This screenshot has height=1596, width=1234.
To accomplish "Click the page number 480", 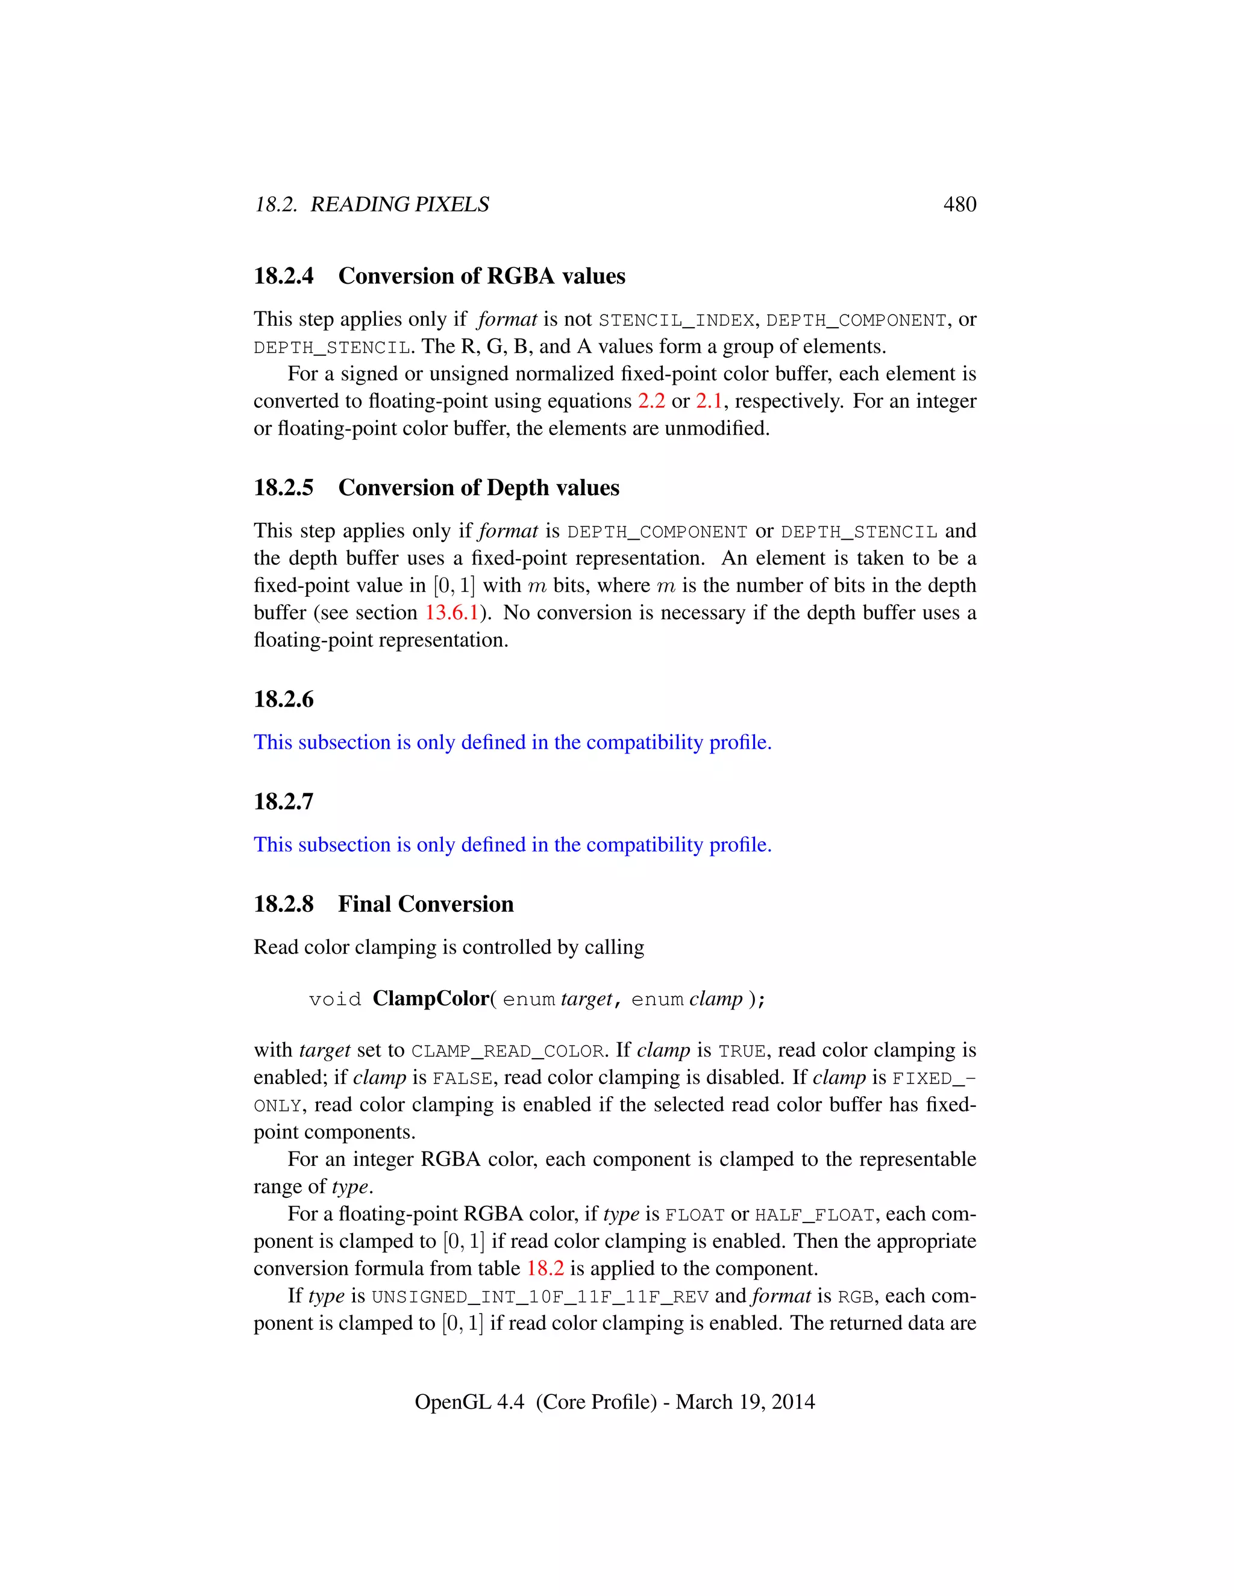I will [x=959, y=205].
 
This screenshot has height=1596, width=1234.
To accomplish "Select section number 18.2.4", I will [x=284, y=276].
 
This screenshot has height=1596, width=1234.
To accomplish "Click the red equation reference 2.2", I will [x=651, y=401].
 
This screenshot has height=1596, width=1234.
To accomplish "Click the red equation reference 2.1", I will [x=709, y=401].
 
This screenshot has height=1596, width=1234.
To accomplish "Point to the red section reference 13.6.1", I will [x=452, y=613].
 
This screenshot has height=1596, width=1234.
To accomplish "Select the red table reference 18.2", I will [x=545, y=1268].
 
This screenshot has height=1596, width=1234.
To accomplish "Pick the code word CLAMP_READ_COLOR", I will [x=507, y=1052].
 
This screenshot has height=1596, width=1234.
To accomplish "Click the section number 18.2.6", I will [x=284, y=699].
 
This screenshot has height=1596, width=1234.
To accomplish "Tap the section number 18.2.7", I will [x=284, y=802].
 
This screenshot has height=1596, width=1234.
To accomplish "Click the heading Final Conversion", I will [x=425, y=905].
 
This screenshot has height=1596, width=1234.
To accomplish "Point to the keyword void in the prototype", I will [x=335, y=1000].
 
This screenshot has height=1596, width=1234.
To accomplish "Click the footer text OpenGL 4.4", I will [x=469, y=1401].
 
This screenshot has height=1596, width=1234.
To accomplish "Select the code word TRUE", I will [x=742, y=1052].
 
